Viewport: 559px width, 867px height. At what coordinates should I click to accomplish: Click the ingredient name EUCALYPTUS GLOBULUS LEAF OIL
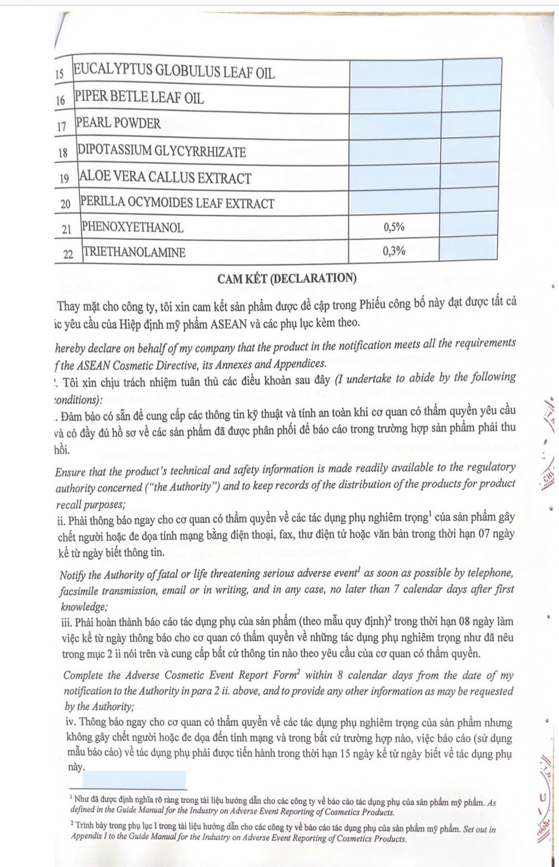click(174, 72)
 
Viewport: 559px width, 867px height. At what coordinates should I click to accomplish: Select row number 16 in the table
click(61, 100)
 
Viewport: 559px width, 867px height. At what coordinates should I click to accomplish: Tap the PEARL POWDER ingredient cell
click(118, 123)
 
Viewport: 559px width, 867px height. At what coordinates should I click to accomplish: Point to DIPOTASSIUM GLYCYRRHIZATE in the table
click(161, 151)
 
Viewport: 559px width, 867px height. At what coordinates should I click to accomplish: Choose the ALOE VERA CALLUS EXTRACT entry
click(165, 177)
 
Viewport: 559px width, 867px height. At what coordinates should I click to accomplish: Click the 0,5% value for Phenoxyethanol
click(394, 227)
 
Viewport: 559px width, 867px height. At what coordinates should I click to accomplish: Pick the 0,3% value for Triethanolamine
click(394, 251)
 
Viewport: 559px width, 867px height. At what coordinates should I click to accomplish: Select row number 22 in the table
click(68, 254)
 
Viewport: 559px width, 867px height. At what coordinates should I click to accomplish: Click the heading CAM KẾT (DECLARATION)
click(287, 278)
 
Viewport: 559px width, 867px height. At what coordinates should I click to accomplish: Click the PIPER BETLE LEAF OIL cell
click(139, 98)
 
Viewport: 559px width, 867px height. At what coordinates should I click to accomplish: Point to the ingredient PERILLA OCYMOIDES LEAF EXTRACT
click(177, 203)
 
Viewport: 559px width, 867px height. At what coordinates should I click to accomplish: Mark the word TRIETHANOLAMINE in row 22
click(134, 252)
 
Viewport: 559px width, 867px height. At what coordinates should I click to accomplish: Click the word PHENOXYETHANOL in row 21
click(133, 227)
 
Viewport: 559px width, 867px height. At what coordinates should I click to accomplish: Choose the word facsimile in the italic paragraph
click(79, 590)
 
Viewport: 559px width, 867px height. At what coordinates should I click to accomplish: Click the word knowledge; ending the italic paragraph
click(84, 607)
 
